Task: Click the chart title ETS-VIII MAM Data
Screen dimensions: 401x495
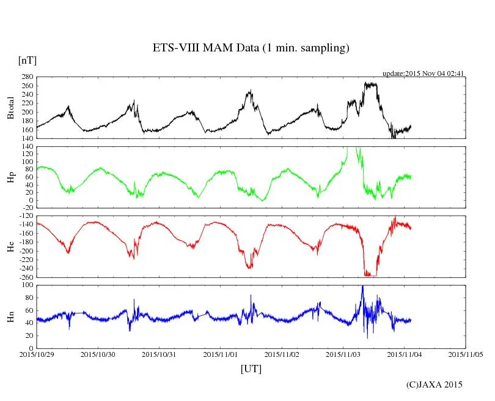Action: tap(251, 48)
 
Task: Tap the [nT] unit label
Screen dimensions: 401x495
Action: tap(28, 61)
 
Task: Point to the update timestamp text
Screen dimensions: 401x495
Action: tap(424, 73)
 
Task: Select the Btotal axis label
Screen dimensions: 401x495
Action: tap(10, 108)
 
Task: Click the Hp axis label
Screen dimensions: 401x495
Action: tap(10, 177)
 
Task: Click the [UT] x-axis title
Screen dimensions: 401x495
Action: tap(251, 369)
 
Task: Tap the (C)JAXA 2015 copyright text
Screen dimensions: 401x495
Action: tap(435, 384)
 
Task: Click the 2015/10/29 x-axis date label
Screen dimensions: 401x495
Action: tap(37, 354)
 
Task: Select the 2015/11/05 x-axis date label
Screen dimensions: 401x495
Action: tap(466, 354)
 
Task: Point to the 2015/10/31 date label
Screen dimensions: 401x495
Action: tap(159, 354)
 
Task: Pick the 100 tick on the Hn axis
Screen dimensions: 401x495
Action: tap(27, 285)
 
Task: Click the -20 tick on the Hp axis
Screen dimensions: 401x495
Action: tap(27, 208)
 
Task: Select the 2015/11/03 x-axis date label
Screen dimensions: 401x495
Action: tap(343, 354)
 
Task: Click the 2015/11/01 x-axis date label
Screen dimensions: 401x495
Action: tap(221, 354)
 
